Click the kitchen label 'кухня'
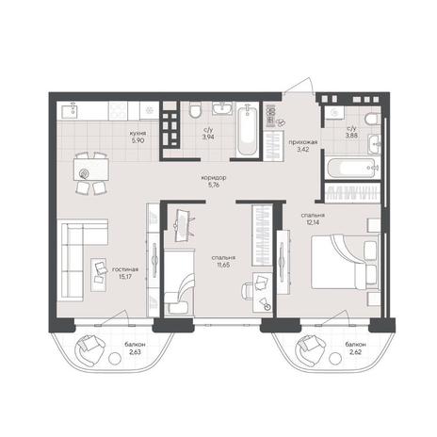click(x=138, y=133)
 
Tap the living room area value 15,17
click(x=125, y=277)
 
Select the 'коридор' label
click(x=214, y=178)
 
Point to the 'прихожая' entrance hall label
click(x=303, y=142)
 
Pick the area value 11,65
click(x=223, y=265)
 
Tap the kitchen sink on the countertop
click(x=70, y=110)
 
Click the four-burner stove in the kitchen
click(x=118, y=110)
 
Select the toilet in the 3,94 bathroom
click(x=195, y=110)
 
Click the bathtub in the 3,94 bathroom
click(x=248, y=131)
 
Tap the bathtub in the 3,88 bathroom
click(x=352, y=168)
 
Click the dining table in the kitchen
click(x=91, y=170)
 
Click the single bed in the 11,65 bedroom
click(x=179, y=282)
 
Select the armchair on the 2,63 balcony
click(x=89, y=349)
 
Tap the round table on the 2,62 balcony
click(x=335, y=358)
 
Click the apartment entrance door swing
click(x=299, y=86)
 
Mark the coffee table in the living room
click(x=99, y=275)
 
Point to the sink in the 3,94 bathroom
click(x=222, y=108)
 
